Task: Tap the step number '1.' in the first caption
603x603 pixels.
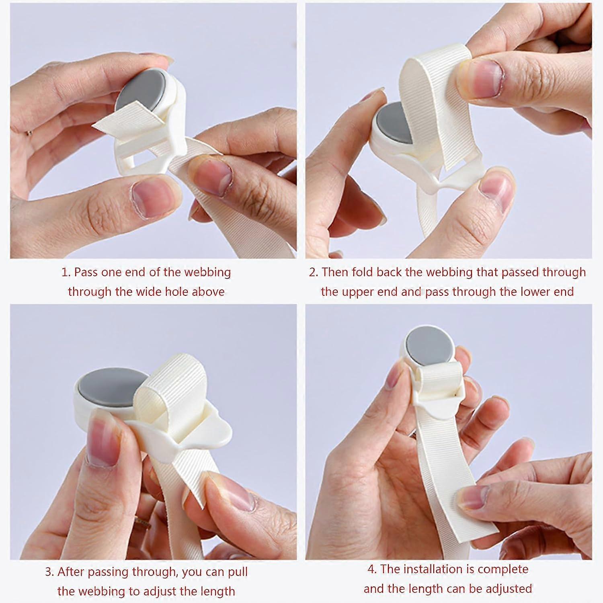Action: coord(66,272)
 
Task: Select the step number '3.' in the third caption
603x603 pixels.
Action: coord(50,572)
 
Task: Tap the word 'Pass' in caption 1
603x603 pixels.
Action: coord(86,272)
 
